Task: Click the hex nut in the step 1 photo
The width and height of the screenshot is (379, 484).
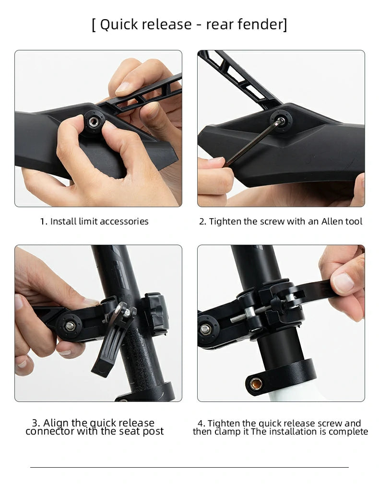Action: coord(94,121)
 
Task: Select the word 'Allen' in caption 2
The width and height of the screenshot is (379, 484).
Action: coord(332,221)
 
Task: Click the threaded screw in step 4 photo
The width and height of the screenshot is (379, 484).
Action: coord(250,314)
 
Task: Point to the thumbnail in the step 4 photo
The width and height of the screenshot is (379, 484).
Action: coord(343,283)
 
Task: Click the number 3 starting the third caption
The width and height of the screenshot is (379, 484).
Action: coord(35,422)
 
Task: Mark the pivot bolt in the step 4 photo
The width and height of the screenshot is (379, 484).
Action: coord(205,330)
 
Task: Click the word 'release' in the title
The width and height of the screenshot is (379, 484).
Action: coord(168,24)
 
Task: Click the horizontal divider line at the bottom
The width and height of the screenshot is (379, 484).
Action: coord(189,467)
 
